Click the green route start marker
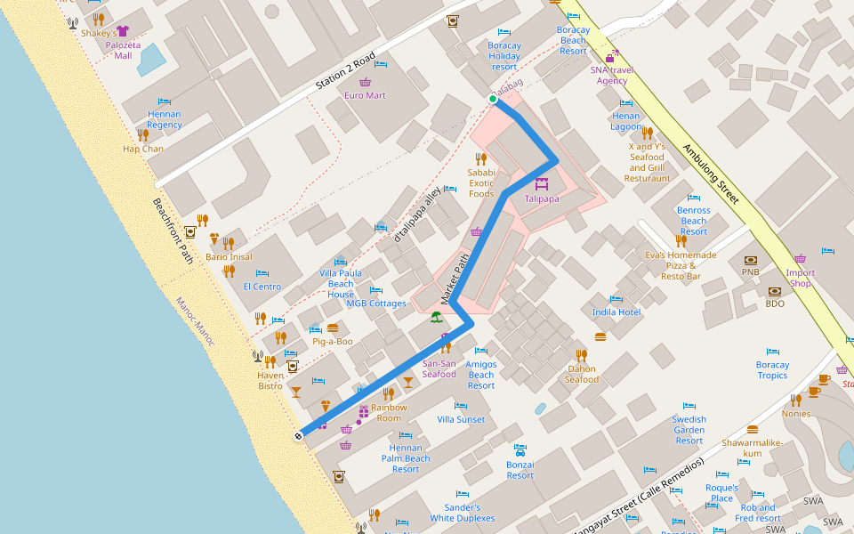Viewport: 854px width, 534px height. point(493,99)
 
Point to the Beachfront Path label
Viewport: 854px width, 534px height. point(173,231)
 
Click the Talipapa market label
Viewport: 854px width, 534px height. point(542,198)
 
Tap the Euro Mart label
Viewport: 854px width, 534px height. point(365,95)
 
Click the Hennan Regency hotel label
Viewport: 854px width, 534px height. point(165,119)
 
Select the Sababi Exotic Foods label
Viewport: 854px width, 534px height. point(481,182)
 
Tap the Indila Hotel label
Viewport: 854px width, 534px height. point(616,312)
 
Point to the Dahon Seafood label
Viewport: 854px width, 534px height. point(582,374)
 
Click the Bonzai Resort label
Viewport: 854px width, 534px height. point(520,469)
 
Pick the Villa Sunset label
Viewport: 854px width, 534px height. point(462,419)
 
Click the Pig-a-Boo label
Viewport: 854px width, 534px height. point(333,341)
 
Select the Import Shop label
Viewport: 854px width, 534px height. point(801,278)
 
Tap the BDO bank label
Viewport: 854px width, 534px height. point(775,303)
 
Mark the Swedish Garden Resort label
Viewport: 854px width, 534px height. point(689,430)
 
